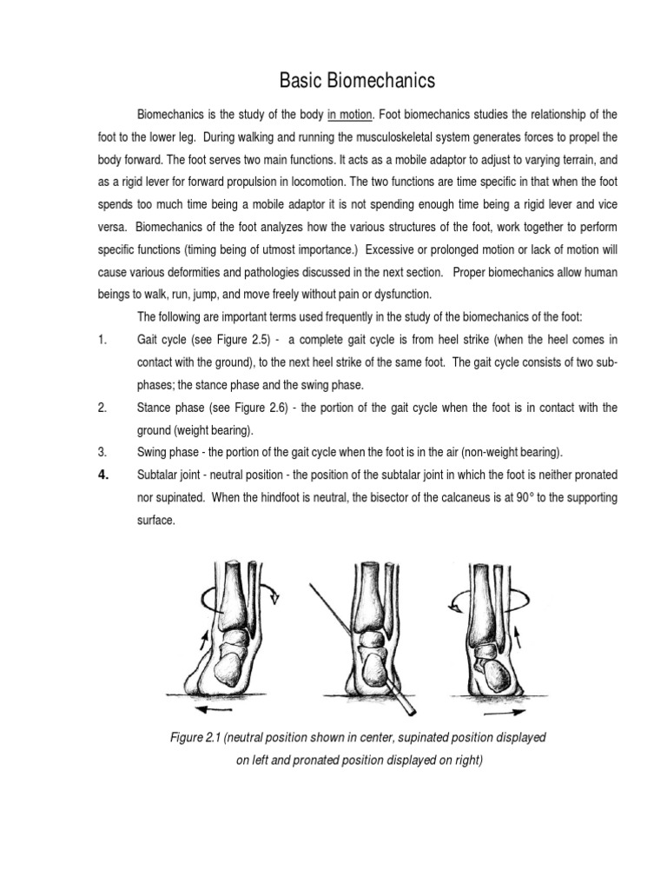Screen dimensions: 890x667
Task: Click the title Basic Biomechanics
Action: [356, 82]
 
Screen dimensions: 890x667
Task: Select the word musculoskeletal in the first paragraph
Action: [383, 137]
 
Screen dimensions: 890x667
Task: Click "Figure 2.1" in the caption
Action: [197, 738]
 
